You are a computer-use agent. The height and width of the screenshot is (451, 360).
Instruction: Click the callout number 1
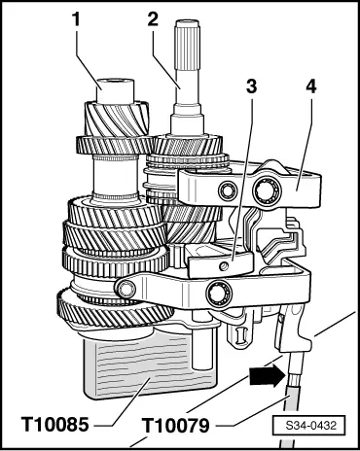(76, 19)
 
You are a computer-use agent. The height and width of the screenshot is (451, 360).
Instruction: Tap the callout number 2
(153, 18)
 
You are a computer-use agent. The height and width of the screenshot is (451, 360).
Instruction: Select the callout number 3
(251, 87)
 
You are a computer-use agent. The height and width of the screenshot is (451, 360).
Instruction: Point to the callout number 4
(310, 87)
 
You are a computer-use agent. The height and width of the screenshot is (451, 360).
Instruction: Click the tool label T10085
(54, 425)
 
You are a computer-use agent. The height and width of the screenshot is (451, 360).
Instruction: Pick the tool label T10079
(176, 426)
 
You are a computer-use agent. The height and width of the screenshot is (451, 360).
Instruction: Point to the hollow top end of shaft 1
(116, 90)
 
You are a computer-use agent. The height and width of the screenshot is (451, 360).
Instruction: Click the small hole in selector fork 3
(223, 266)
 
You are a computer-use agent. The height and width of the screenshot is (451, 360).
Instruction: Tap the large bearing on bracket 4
(266, 189)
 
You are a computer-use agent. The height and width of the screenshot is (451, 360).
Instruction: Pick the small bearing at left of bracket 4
(227, 191)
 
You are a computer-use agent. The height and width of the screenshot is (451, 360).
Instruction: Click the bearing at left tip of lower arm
(126, 289)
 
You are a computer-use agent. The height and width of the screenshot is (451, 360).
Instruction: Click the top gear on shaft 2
(188, 145)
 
